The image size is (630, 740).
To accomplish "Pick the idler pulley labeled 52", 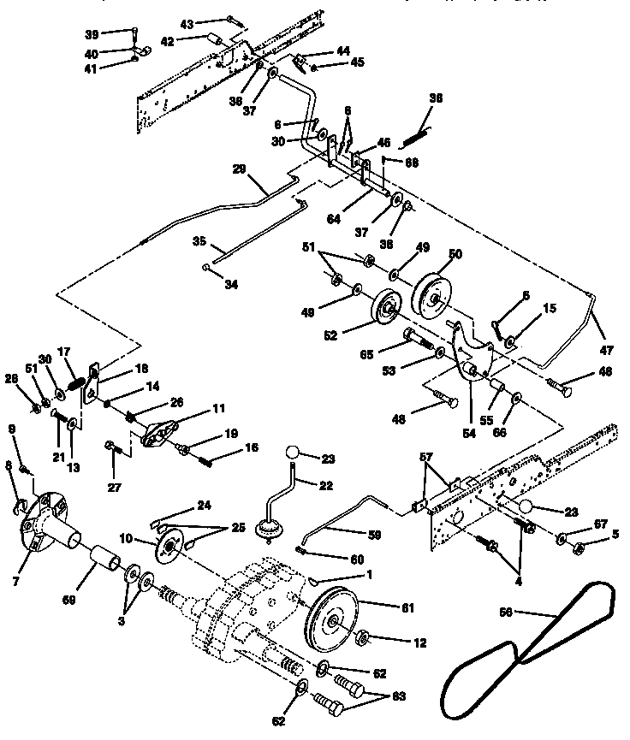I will (384, 308).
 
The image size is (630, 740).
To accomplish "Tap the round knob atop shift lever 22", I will (294, 453).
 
